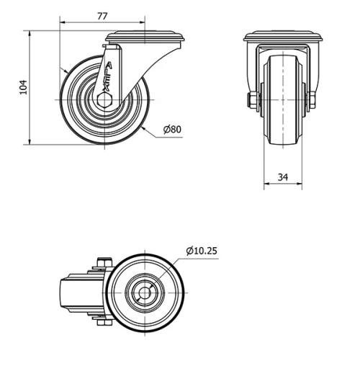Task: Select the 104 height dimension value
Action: tap(22, 87)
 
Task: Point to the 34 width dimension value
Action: tap(283, 176)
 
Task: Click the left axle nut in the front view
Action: tap(252, 99)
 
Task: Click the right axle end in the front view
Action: tap(312, 99)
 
